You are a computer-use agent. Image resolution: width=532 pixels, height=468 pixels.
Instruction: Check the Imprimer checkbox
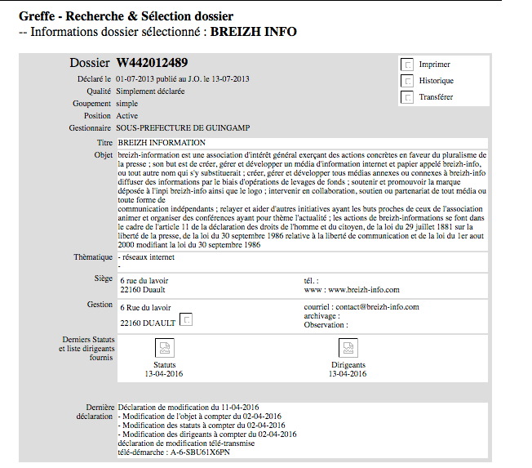tap(407, 65)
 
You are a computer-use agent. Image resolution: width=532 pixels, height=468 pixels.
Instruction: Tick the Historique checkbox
tap(407, 81)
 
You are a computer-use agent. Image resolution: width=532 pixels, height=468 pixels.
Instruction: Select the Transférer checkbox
tap(407, 97)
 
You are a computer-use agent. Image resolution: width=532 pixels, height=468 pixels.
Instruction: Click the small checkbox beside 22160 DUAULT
tap(186, 319)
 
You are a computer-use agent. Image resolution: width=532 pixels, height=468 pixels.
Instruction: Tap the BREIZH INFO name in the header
tap(253, 33)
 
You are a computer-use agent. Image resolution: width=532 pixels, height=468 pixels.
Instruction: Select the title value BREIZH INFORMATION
tap(162, 143)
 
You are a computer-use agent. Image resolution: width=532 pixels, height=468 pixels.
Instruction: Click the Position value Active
tap(127, 116)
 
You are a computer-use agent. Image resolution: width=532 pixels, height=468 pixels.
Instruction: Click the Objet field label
tap(103, 154)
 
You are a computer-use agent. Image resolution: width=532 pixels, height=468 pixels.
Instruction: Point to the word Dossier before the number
tap(90, 62)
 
